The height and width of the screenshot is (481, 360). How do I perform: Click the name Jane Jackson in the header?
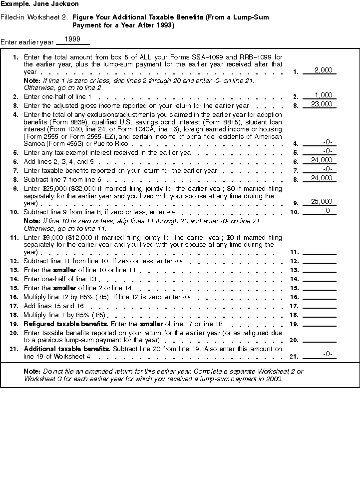58,4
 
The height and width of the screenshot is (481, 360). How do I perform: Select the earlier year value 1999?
73,38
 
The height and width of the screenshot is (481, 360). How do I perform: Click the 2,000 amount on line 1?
324,70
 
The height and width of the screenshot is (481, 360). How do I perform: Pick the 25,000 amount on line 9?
321,201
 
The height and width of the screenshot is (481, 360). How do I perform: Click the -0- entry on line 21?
328,354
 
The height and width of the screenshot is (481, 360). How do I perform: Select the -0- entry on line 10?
328,210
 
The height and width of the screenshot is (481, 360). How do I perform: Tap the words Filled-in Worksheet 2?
34,17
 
